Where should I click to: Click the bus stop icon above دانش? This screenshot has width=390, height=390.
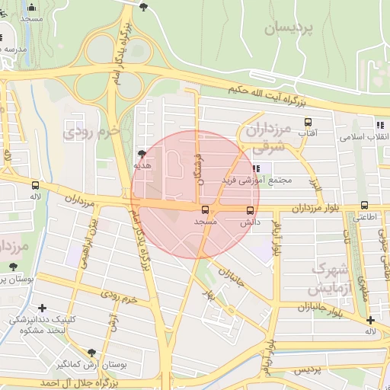coord(250,211)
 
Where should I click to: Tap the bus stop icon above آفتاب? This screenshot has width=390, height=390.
coord(308,121)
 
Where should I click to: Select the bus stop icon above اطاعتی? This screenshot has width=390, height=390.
coord(365,206)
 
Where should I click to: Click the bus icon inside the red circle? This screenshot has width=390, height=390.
coord(205,209)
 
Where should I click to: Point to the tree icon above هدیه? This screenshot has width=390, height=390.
coord(142,153)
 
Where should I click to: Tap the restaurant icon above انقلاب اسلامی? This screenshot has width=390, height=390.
coord(379,125)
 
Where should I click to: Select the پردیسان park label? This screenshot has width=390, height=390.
coord(290,29)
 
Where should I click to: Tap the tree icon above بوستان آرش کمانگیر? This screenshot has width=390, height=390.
coord(92,353)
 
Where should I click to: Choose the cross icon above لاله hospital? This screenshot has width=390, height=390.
coord(369,320)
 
